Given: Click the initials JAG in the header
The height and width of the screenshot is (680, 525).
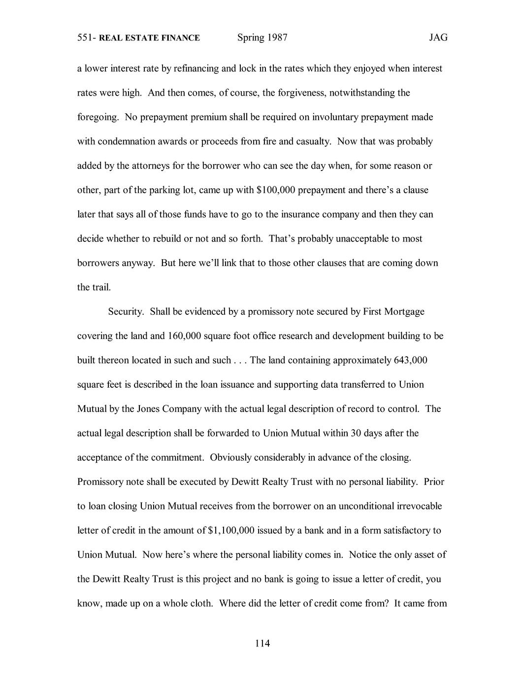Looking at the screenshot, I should point(438,37).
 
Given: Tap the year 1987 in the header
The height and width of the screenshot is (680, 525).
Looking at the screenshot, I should point(277,37).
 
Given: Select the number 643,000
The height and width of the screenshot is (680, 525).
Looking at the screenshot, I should point(410,360).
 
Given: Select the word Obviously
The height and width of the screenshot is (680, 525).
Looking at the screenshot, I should point(230,457).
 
